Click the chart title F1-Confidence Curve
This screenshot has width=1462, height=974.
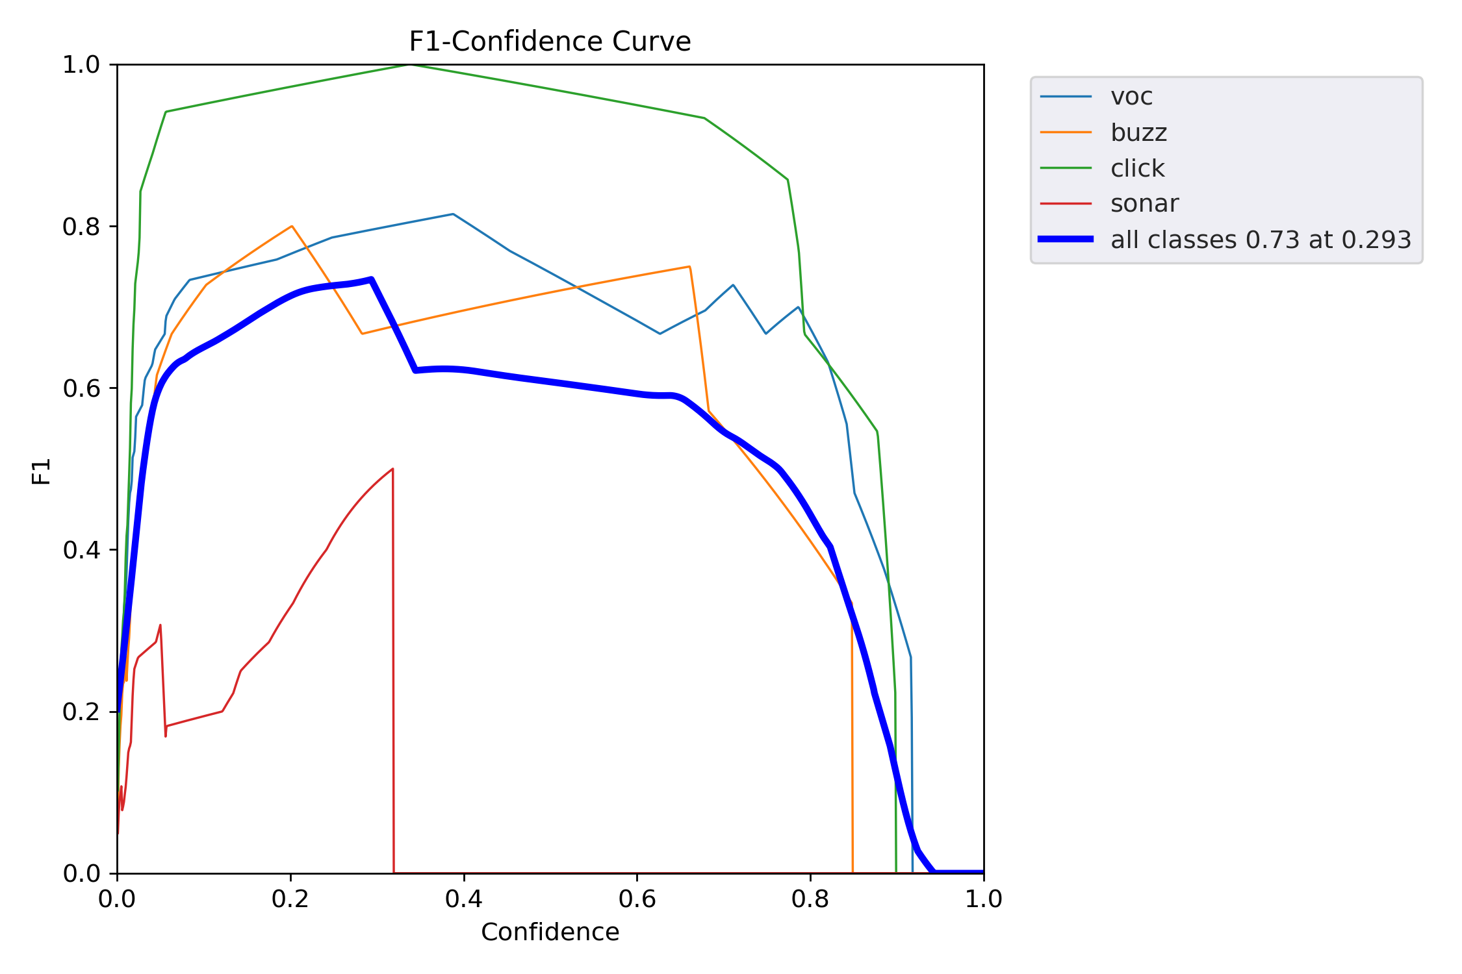tap(550, 42)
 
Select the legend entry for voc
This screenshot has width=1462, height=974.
tap(1131, 97)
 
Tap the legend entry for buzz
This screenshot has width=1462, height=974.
tap(1138, 132)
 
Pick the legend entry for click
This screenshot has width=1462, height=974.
tap(1137, 168)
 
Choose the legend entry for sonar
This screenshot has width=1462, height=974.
tap(1144, 204)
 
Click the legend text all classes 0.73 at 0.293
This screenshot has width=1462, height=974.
tap(1261, 240)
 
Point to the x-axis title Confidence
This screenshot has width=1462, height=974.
tap(550, 932)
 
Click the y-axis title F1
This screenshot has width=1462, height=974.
tap(42, 471)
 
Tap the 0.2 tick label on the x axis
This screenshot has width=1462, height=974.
tap(290, 899)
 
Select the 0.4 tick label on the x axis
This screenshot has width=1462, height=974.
tap(464, 899)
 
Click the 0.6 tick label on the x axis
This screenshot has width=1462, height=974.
tap(637, 899)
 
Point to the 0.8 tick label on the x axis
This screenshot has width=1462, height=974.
tap(810, 899)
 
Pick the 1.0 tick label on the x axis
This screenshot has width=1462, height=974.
tap(983, 899)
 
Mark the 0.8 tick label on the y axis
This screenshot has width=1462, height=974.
tap(81, 227)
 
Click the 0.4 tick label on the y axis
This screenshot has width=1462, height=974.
tap(81, 550)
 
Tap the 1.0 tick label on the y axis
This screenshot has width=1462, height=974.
tap(81, 65)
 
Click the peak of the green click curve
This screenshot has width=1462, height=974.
tap(411, 65)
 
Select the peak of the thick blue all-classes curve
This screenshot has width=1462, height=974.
tap(371, 279)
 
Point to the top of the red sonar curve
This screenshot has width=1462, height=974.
tap(392, 469)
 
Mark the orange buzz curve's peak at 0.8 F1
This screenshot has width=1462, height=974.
tap(292, 226)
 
